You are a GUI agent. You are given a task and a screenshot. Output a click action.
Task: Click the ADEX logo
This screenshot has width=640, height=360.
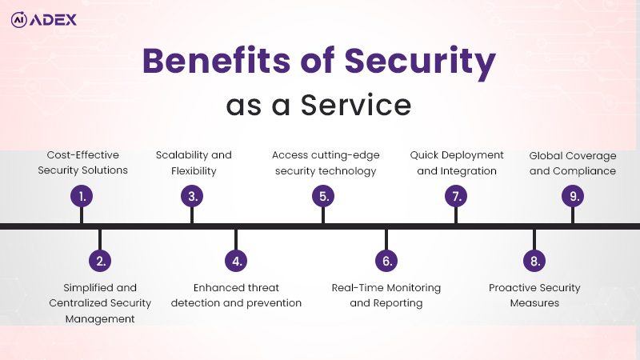point(44,19)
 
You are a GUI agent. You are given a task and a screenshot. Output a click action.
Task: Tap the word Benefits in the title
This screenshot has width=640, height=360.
point(216,61)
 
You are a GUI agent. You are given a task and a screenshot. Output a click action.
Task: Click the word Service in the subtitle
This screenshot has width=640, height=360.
point(356,105)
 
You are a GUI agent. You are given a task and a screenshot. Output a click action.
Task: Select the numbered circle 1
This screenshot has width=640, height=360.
point(82,196)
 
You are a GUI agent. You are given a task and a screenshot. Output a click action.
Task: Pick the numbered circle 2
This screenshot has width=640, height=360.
point(100,261)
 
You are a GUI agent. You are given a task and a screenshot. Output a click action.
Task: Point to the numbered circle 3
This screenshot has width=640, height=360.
point(192,196)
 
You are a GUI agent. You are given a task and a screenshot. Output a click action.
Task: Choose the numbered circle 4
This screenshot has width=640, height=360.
point(236,261)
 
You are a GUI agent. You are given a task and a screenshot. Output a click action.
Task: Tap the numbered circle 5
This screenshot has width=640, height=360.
point(323,196)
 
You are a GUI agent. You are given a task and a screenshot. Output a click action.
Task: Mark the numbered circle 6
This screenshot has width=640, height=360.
point(386,261)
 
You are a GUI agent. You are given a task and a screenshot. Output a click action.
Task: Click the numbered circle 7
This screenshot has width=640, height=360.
point(456,196)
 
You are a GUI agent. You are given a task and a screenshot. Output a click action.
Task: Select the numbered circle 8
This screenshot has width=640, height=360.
point(534,261)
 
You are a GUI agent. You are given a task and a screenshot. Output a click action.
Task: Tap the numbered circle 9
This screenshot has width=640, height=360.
point(573,196)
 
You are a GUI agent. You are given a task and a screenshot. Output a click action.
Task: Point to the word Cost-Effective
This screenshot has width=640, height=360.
point(83,155)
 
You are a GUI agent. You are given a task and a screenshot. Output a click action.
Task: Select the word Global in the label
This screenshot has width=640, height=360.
point(546,155)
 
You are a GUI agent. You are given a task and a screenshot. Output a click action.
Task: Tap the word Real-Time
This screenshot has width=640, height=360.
point(357,288)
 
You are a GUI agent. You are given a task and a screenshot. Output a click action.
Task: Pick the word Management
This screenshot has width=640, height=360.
point(100,318)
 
